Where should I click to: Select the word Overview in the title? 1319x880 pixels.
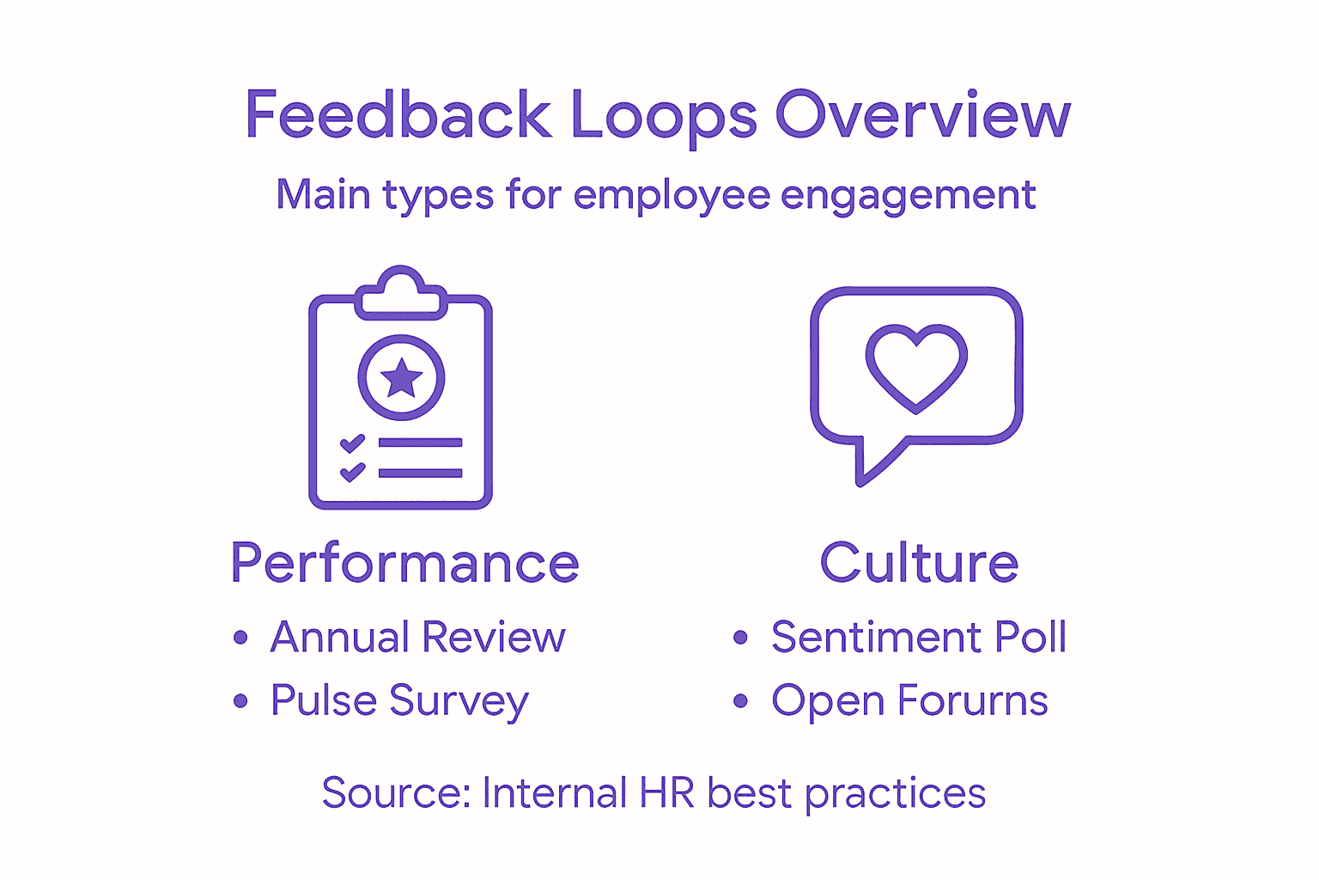coord(923,115)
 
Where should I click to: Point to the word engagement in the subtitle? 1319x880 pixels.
coord(908,196)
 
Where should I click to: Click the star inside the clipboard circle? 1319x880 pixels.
coord(401,377)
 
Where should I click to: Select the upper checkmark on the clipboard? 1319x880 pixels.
coord(352,443)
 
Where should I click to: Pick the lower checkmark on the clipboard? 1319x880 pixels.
coord(352,473)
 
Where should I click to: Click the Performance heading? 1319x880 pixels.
coord(404,564)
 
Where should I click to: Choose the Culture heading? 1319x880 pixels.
coord(919,564)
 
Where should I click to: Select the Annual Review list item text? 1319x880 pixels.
coord(417,638)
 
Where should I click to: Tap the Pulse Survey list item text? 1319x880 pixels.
coord(399,701)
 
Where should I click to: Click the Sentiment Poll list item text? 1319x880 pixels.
coord(918,638)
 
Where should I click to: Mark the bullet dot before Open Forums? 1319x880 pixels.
coord(741,701)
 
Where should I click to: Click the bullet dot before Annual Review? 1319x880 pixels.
coord(240,638)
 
